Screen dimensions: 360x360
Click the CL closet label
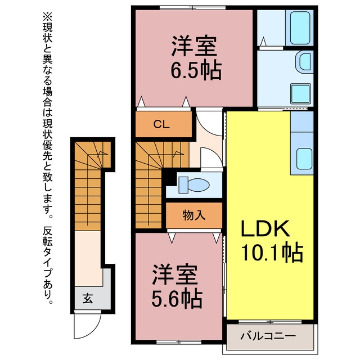point(161,124)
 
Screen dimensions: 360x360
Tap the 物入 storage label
point(193,215)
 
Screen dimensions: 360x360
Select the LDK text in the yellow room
point(265,228)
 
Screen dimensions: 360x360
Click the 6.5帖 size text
point(196,70)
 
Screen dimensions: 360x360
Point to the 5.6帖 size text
point(177,299)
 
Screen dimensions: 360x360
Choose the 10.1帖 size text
point(273,252)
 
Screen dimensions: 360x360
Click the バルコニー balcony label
point(268,336)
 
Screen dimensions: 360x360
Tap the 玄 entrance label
point(88,299)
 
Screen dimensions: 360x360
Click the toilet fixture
point(194,184)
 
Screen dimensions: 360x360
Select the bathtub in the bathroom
point(300,28)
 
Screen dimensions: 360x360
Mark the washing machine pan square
point(300,94)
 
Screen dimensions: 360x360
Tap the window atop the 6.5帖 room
point(192,7)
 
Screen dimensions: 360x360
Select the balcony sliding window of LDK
point(270,322)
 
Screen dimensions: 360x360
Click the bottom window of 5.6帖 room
point(179,342)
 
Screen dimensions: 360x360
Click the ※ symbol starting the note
point(47,16)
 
